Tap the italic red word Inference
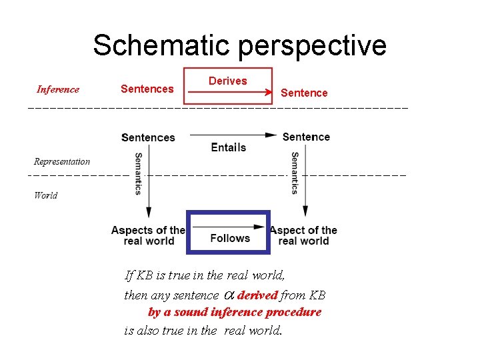pyautogui.click(x=58, y=89)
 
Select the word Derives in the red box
pyautogui.click(x=227, y=81)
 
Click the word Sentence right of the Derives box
pyautogui.click(x=304, y=93)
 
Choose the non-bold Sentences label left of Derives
pyautogui.click(x=147, y=89)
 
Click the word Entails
pyautogui.click(x=228, y=147)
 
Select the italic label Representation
pyautogui.click(x=62, y=161)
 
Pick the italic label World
pyautogui.click(x=45, y=195)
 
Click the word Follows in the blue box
pyautogui.click(x=230, y=238)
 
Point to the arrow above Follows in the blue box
pyautogui.click(x=229, y=227)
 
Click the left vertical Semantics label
pyautogui.click(x=138, y=174)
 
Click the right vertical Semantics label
pyautogui.click(x=294, y=173)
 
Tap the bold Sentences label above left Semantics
pyautogui.click(x=148, y=137)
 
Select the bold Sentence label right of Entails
pyautogui.click(x=306, y=137)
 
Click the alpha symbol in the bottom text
pyautogui.click(x=227, y=295)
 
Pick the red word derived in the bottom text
pyautogui.click(x=257, y=295)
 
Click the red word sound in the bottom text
pyautogui.click(x=190, y=312)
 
